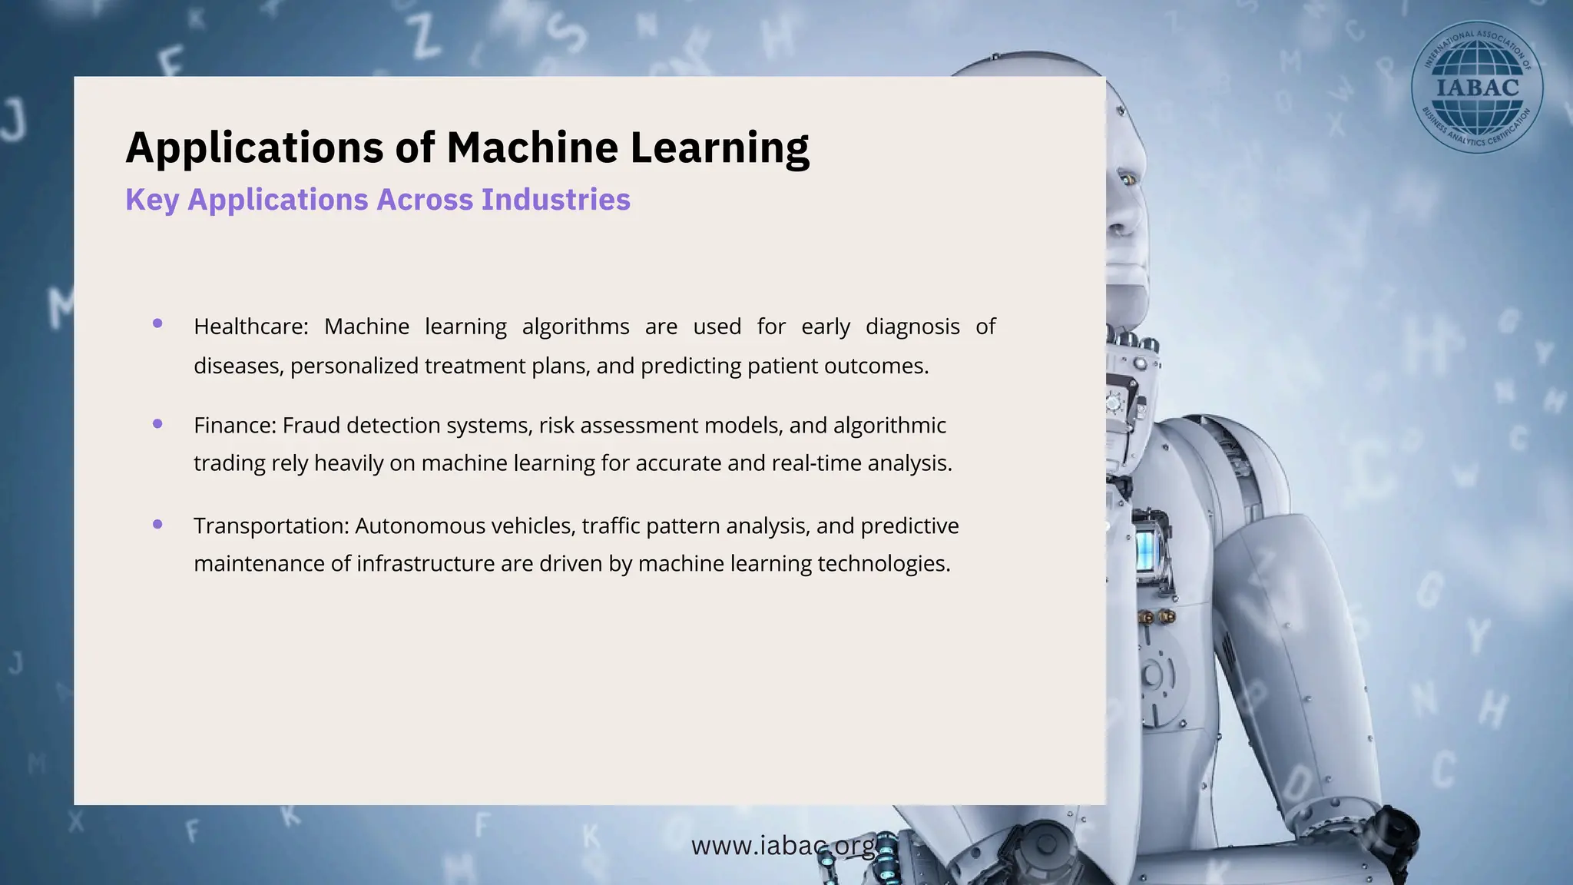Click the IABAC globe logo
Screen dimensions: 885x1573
(x=1476, y=87)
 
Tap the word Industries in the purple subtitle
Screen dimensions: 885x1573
(x=555, y=200)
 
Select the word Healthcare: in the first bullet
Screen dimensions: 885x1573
(x=250, y=326)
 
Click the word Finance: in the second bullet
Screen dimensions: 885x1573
(x=234, y=425)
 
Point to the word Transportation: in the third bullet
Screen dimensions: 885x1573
(x=271, y=525)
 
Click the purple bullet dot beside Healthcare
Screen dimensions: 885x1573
(x=157, y=323)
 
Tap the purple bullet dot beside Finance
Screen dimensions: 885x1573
(x=157, y=423)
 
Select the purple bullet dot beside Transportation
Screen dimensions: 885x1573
(x=157, y=524)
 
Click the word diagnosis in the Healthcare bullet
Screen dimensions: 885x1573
(x=912, y=326)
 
